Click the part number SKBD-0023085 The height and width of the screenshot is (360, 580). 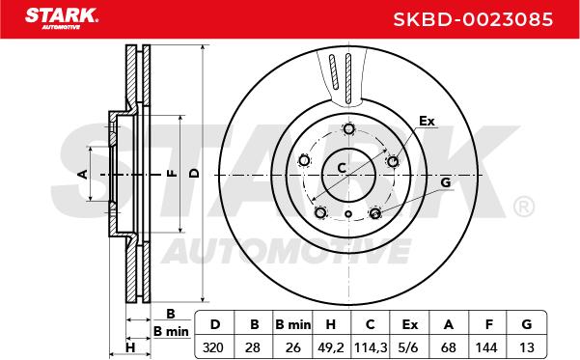(473, 19)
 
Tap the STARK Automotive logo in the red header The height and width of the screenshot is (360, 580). (62, 18)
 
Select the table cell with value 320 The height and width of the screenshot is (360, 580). (213, 347)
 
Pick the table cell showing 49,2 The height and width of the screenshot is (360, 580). (331, 347)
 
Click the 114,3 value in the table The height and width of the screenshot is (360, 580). (371, 347)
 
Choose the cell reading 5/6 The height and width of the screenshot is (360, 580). (409, 347)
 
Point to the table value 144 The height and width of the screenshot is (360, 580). (486, 347)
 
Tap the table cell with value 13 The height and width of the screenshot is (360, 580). (526, 347)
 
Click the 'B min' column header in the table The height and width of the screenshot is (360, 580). (293, 324)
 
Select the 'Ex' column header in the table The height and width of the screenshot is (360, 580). (409, 324)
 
